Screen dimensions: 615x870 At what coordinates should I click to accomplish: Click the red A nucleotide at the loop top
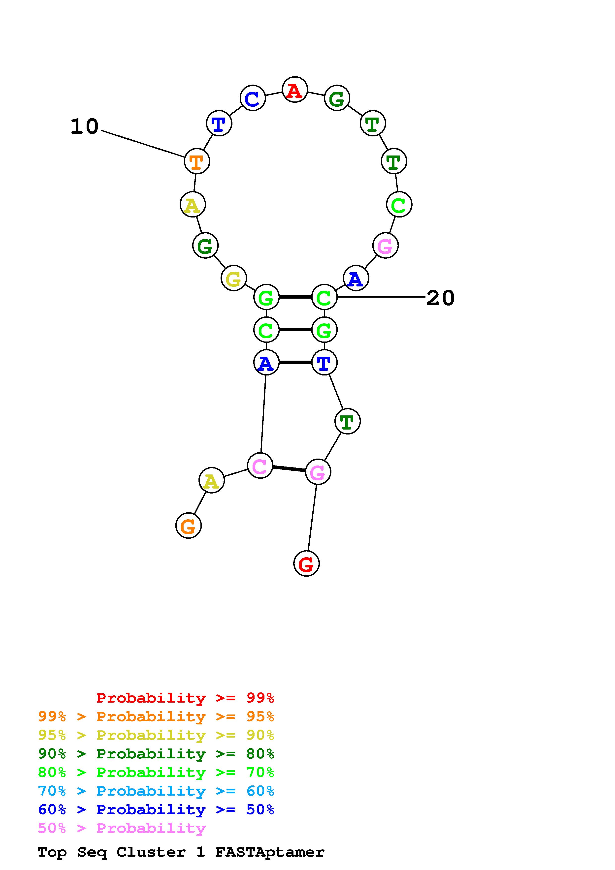pyautogui.click(x=294, y=90)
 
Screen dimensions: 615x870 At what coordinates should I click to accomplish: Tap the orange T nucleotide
pyautogui.click(x=197, y=161)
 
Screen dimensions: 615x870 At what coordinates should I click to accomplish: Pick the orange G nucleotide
pyautogui.click(x=188, y=526)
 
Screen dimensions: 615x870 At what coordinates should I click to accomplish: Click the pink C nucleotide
pyautogui.click(x=260, y=466)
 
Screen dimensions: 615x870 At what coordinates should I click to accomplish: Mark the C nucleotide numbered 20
pyautogui.click(x=324, y=297)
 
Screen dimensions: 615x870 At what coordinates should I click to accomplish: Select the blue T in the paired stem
pyautogui.click(x=324, y=363)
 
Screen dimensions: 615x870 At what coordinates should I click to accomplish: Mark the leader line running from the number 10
pyautogui.click(x=143, y=144)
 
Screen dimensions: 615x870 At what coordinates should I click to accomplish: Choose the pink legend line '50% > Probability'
pyautogui.click(x=122, y=828)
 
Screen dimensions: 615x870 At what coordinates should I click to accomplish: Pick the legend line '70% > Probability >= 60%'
pyautogui.click(x=156, y=791)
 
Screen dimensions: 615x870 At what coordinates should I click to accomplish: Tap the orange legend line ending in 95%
pyautogui.click(x=156, y=716)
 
